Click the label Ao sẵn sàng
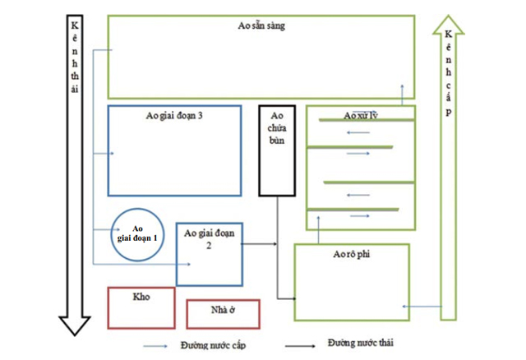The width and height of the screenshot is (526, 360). tap(261, 27)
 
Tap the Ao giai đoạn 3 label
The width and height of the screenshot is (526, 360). tap(174, 117)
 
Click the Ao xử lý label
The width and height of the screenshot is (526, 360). tap(359, 114)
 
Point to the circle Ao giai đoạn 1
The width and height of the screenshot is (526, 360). tap(137, 233)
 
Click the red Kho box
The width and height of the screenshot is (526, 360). tap(141, 306)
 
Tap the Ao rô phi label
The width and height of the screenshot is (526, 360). tap(352, 255)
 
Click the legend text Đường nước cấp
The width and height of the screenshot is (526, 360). tap(205, 344)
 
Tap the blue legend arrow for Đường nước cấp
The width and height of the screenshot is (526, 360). tap(157, 346)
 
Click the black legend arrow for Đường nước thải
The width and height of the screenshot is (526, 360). tap(301, 346)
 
